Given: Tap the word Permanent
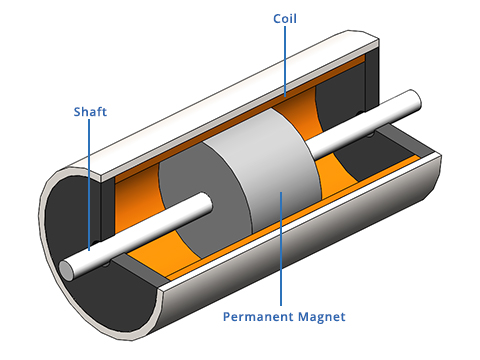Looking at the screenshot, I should point(246,317).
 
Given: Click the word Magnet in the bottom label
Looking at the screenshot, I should point(318,317).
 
